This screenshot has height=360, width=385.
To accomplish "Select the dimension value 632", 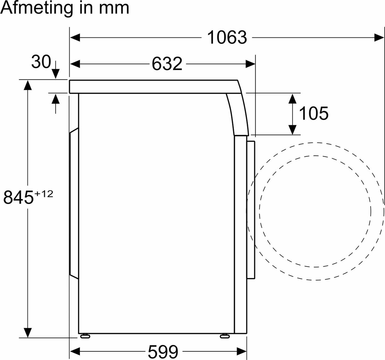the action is pyautogui.click(x=167, y=64).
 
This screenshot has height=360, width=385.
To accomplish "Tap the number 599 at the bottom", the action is pyautogui.click(x=163, y=351).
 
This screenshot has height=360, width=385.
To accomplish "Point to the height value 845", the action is pyautogui.click(x=18, y=197).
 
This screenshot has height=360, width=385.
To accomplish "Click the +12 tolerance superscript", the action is pyautogui.click(x=44, y=194).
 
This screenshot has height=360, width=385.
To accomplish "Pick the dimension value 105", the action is pyautogui.click(x=314, y=113).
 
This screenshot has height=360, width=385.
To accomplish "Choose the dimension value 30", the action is pyautogui.click(x=41, y=62).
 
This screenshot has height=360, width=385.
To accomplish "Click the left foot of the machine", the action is pyautogui.click(x=85, y=336).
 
